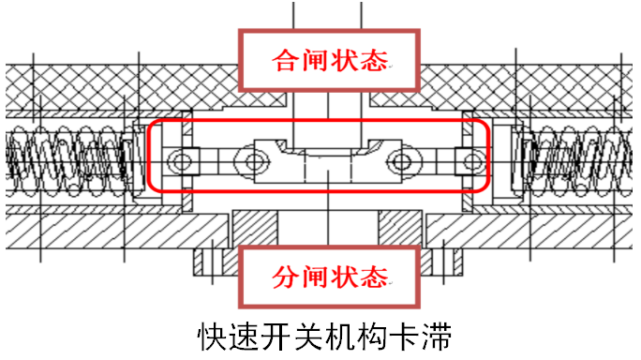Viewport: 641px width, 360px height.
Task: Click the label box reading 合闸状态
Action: [x=326, y=61]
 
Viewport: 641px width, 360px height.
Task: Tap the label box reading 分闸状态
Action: [x=326, y=277]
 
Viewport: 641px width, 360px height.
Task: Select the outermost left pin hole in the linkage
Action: [x=178, y=162]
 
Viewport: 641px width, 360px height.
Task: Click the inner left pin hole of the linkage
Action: [x=251, y=162]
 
